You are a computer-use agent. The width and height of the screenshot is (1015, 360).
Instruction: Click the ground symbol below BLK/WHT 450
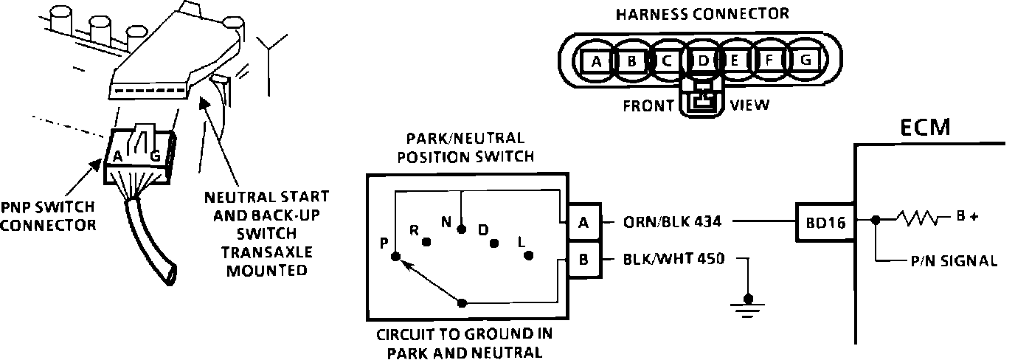(x=749, y=304)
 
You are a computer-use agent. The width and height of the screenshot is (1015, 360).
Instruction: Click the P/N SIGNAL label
(x=955, y=260)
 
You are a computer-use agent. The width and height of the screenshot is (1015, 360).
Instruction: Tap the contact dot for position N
(x=461, y=229)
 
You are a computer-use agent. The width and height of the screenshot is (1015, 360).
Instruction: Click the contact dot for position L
(x=529, y=256)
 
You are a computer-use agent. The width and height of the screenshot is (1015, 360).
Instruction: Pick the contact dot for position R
(x=426, y=241)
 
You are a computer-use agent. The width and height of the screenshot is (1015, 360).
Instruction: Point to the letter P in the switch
(x=384, y=243)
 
